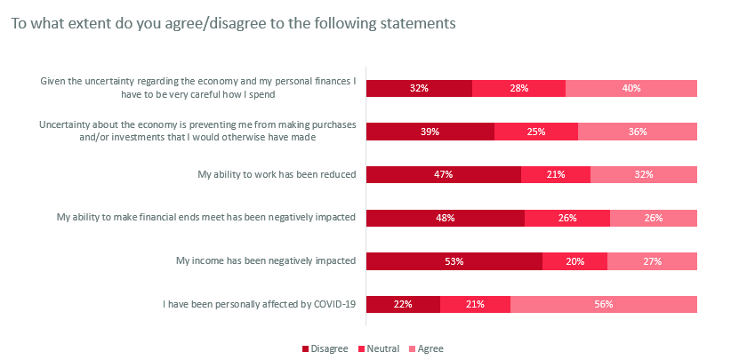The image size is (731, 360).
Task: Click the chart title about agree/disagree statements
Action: point(233,23)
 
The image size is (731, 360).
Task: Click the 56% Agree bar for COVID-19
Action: point(604,304)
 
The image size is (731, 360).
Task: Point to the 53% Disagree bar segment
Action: point(454,260)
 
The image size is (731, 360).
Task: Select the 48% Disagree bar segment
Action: point(446,218)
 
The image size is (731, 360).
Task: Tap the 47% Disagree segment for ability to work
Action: point(444,174)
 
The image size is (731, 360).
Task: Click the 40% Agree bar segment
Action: point(631,88)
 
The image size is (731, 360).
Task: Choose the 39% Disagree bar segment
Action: point(430,132)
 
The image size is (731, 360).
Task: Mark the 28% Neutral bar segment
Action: point(518,88)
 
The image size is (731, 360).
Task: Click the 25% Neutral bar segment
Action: point(536,132)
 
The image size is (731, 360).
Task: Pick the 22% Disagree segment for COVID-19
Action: point(403,304)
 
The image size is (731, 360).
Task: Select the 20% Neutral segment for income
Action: point(574,260)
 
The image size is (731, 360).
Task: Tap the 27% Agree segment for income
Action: point(652,260)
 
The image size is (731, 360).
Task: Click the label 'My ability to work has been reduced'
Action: point(277,174)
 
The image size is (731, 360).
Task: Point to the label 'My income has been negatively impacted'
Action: point(267,260)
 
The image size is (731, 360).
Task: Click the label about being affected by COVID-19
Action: point(259,304)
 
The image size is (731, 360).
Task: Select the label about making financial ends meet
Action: point(206,218)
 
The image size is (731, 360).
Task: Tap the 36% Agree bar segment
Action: point(638,132)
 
